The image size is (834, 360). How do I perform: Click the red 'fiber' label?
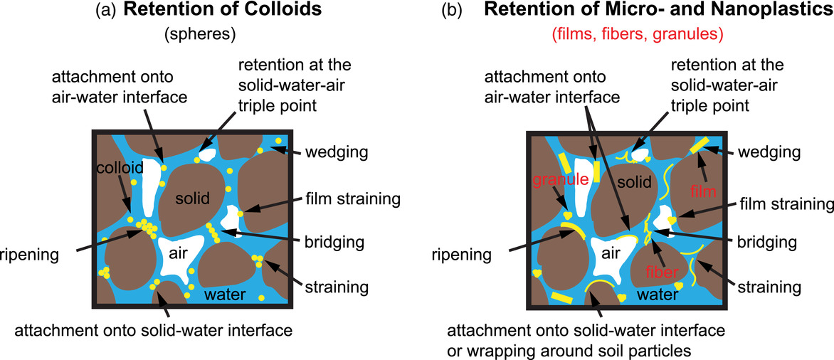tap(664, 271)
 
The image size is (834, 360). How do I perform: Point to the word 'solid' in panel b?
tap(632, 183)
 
